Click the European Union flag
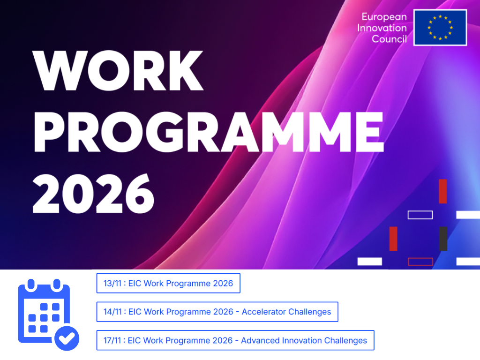(x=440, y=28)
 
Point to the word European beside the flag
(x=384, y=17)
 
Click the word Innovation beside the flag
(x=382, y=28)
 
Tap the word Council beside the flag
(x=389, y=39)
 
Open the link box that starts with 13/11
(x=168, y=283)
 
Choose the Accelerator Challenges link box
(x=217, y=312)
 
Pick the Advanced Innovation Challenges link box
(x=235, y=340)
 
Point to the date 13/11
(x=112, y=283)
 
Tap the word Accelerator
(x=263, y=312)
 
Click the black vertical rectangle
(x=443, y=239)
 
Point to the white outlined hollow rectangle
(x=420, y=215)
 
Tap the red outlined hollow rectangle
(x=420, y=262)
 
